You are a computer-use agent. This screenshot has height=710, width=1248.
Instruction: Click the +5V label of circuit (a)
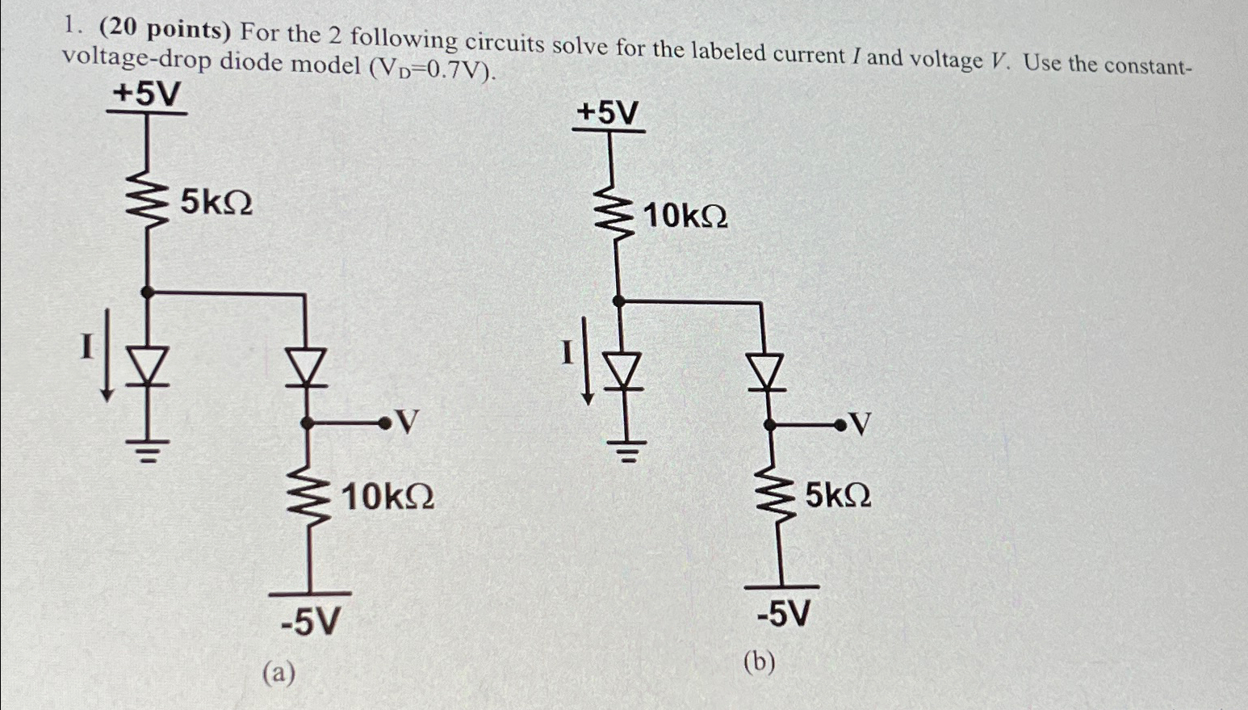coord(146,95)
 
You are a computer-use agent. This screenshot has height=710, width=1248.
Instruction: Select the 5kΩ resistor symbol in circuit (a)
coord(148,203)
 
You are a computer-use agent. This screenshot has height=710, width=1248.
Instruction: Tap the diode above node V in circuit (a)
coord(307,370)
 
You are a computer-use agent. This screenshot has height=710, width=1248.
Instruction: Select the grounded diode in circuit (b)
coord(622,372)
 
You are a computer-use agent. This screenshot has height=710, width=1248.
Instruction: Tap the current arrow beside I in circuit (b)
coord(588,376)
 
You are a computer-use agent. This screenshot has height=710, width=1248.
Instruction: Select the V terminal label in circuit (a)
coord(408,422)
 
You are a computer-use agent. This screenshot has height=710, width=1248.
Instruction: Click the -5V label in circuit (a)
coord(310,622)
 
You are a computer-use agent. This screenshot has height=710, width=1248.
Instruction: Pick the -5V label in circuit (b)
coord(782,615)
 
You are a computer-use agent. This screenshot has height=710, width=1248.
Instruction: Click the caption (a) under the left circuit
coord(278,671)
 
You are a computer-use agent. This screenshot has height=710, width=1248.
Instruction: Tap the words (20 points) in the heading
coord(165,31)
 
